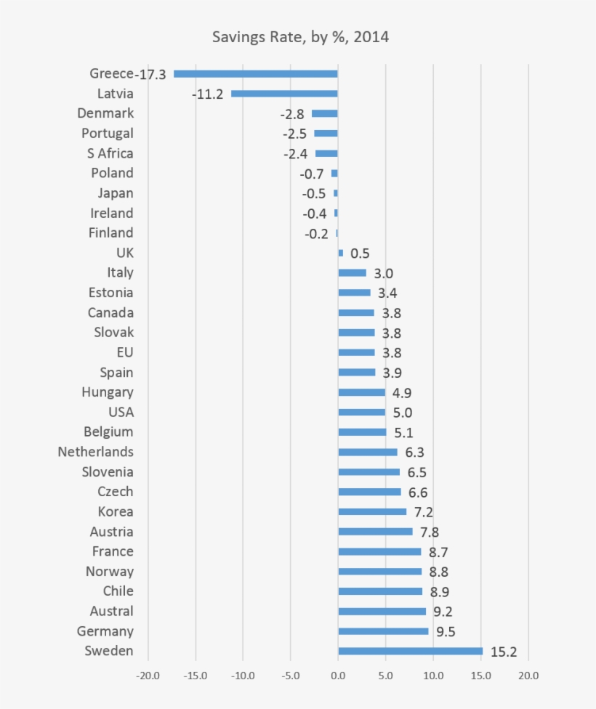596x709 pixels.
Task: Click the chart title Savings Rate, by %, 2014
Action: click(x=300, y=36)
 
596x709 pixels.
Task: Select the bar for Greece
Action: click(x=256, y=73)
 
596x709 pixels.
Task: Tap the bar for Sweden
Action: click(x=410, y=651)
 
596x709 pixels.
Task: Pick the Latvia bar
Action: click(x=284, y=94)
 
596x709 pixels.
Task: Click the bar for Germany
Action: click(x=383, y=631)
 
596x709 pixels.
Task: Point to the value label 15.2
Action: click(x=504, y=652)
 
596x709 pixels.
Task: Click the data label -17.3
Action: click(x=151, y=74)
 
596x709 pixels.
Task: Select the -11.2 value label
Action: click(x=208, y=94)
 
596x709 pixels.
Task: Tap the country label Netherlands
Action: click(x=96, y=452)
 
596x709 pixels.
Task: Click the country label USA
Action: click(x=120, y=412)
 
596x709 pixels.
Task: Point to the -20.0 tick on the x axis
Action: click(x=148, y=676)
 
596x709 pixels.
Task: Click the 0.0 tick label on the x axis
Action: click(x=338, y=676)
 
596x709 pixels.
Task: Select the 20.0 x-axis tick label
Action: click(x=528, y=676)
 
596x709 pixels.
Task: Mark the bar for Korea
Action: click(x=372, y=511)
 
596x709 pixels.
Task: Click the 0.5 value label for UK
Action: click(x=360, y=254)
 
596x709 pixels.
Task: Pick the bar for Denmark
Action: click(x=324, y=113)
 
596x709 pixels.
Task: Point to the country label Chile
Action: click(x=118, y=591)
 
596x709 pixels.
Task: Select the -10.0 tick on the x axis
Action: click(x=243, y=676)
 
